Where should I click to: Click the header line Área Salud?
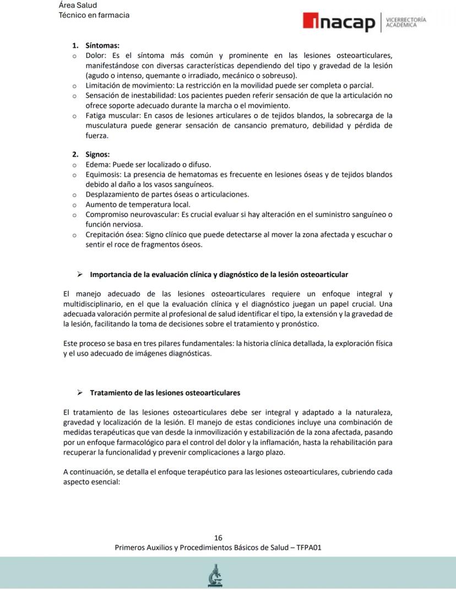78,6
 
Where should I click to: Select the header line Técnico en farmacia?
94,15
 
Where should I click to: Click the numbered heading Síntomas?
102,46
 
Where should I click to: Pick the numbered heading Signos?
97,154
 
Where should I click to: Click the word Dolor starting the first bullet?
96,56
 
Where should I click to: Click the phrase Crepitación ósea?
110,235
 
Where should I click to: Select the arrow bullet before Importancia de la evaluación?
80,274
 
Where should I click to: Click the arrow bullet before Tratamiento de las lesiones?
80,393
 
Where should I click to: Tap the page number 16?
218,538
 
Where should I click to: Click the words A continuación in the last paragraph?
86,472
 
